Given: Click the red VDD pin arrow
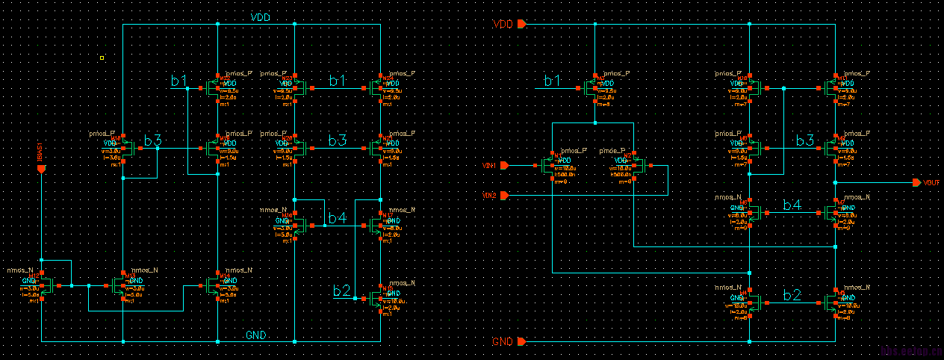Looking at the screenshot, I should click(521, 24).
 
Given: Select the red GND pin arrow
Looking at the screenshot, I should click(521, 341).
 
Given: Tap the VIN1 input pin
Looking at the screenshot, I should click(505, 165).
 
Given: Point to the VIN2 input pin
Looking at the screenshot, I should click(505, 196).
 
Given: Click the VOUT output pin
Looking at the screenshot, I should click(917, 183).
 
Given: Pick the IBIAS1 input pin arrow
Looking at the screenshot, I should click(41, 169).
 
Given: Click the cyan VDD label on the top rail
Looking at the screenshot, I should click(261, 16).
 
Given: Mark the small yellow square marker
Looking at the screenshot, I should click(102, 57).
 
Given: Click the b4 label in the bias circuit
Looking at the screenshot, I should click(337, 218).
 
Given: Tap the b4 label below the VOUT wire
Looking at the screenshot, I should click(792, 205).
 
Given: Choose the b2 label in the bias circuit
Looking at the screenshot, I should click(341, 291).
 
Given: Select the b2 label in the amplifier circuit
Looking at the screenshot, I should click(792, 295).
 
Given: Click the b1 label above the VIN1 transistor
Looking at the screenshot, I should click(553, 81).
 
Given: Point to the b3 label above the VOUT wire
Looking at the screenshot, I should click(805, 140).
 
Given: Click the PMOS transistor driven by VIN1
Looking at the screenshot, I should click(553, 166).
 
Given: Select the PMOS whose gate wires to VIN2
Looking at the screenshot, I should click(636, 166).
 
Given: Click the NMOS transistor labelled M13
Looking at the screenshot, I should click(119, 285).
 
